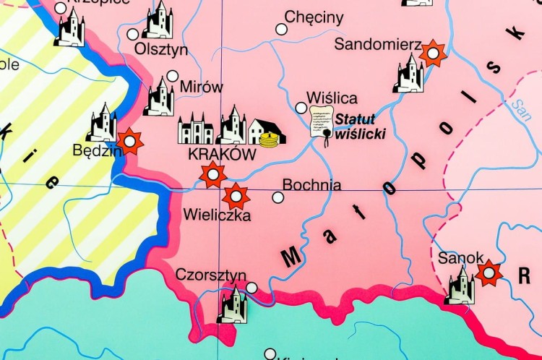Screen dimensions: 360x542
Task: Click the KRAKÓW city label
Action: (222, 155)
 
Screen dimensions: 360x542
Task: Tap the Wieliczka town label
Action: (217, 215)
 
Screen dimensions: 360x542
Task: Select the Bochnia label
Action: (311, 185)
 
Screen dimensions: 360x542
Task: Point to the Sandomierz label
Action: (377, 45)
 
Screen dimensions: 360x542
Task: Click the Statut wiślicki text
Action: (360, 126)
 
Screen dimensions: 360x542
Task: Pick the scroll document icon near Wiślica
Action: (322, 122)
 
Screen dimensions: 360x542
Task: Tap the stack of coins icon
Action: (270, 137)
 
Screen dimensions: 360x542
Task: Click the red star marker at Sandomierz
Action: (433, 53)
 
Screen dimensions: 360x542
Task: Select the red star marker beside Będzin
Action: (130, 142)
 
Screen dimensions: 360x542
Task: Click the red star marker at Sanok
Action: (489, 273)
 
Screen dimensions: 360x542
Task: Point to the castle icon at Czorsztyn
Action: (232, 305)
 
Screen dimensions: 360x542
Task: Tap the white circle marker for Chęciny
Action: (281, 30)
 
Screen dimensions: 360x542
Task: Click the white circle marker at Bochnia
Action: (278, 197)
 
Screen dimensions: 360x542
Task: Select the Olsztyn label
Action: (161, 50)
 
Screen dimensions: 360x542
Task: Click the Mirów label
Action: (202, 87)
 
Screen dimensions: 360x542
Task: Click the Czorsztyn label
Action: (210, 275)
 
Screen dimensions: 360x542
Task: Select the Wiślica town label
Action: (332, 98)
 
